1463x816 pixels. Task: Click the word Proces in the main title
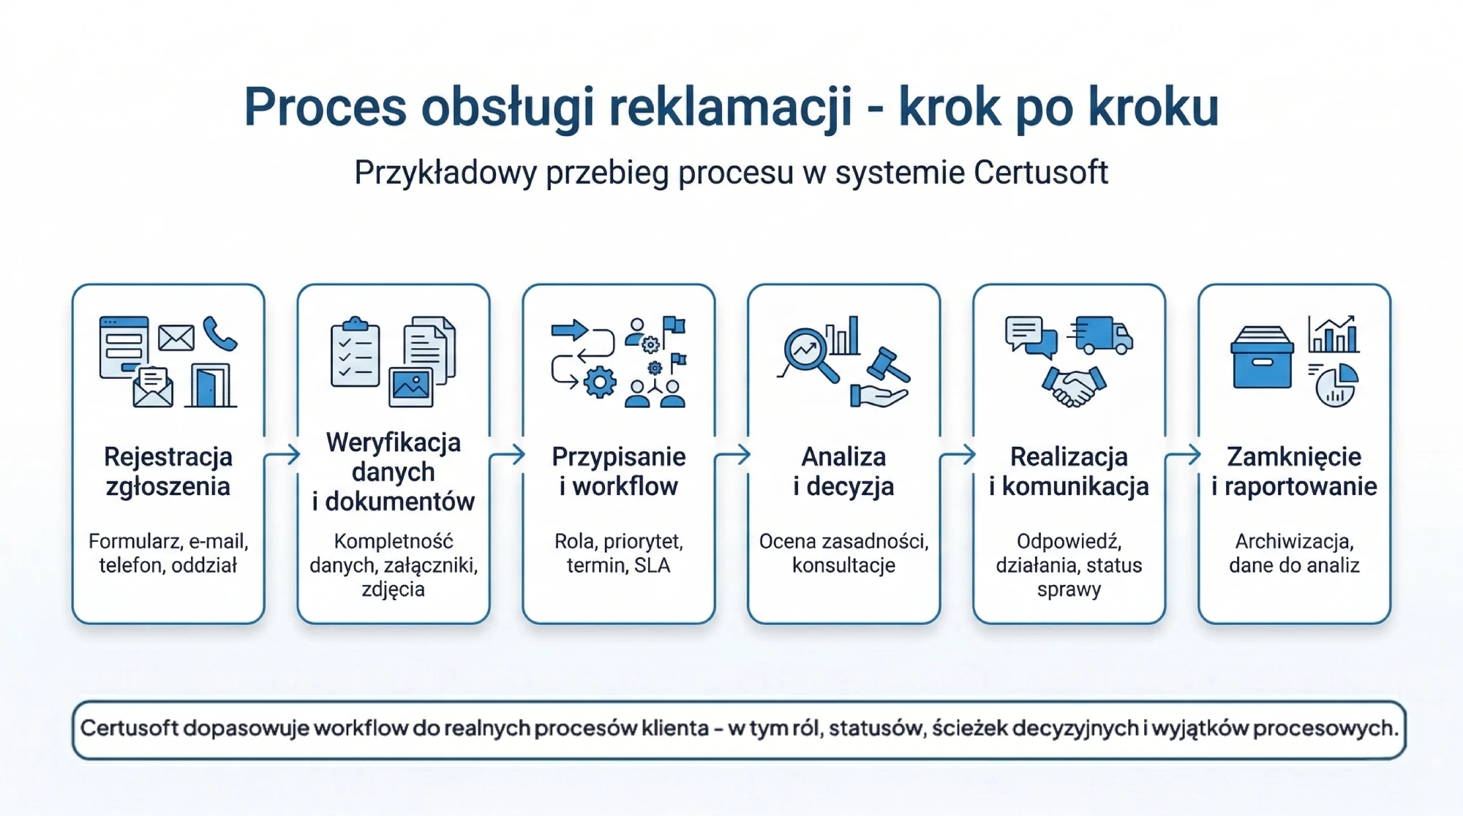[325, 107]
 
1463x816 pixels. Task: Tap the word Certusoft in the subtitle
[1040, 173]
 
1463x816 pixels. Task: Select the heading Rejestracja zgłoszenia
[168, 472]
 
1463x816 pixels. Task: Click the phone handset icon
[219, 333]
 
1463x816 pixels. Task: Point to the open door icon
[211, 385]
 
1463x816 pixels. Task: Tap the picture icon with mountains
[411, 385]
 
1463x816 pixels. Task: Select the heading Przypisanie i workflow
[619, 472]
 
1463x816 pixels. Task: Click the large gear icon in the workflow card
[600, 382]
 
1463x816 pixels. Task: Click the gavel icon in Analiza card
[888, 364]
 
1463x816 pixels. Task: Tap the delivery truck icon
[1102, 336]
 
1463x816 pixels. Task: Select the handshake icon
[1073, 385]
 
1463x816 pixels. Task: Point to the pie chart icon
[1336, 385]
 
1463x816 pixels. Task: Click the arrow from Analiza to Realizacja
[957, 456]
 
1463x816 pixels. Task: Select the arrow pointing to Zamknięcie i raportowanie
[1182, 456]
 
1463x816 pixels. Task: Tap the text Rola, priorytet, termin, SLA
[619, 554]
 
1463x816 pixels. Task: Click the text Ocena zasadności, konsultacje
[843, 554]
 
